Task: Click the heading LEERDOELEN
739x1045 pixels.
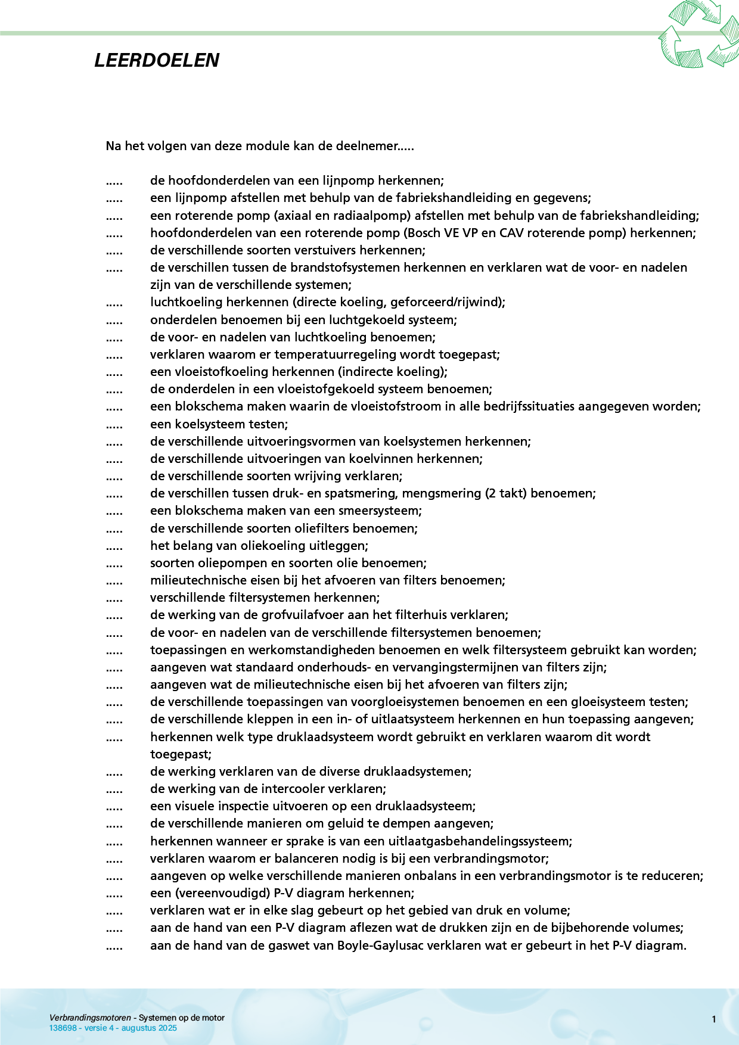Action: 157,60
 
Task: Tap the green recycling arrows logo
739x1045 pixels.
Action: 698,34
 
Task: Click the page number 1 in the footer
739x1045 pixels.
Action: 713,1019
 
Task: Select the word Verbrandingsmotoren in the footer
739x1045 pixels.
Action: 90,1018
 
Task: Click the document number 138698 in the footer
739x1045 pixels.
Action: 63,1028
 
